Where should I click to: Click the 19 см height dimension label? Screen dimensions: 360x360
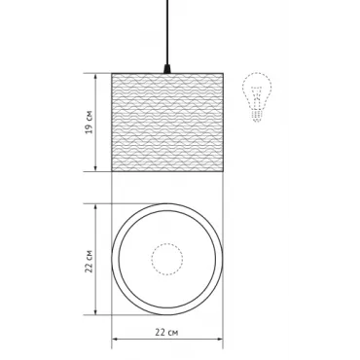coord(89,123)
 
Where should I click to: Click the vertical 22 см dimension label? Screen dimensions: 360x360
coord(89,262)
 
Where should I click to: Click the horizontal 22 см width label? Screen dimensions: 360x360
coord(166,332)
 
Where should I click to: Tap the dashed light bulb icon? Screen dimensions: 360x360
coord(257,97)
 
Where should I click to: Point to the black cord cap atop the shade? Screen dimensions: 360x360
coord(167,69)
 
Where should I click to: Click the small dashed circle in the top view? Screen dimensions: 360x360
coord(167,259)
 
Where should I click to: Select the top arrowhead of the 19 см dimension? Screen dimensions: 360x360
coord(95,77)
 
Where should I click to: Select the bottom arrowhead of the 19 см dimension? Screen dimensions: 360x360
coord(95,167)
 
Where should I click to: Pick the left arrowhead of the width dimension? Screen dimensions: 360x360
coord(115,340)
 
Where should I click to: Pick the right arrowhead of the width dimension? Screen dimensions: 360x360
coord(220,340)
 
